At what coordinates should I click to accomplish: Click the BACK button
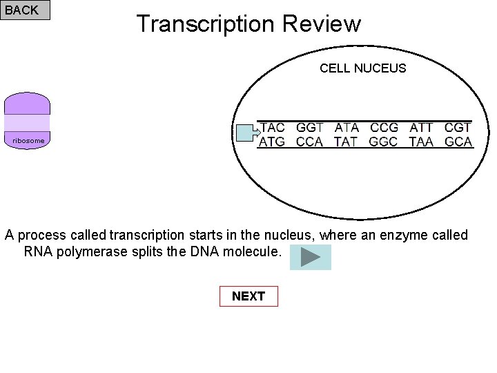coord(26,10)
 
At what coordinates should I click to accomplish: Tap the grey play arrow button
coord(311,257)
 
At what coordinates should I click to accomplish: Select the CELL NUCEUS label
coord(362,68)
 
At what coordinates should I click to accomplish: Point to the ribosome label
coord(28,141)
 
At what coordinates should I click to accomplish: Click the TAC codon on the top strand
coord(273,128)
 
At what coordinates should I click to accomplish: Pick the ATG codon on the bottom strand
coord(273,142)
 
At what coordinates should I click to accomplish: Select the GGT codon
coord(310,128)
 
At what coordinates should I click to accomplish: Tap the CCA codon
coord(310,142)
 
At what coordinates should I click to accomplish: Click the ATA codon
coord(347,128)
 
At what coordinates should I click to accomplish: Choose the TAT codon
coord(347,142)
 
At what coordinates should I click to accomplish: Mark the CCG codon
coord(384,128)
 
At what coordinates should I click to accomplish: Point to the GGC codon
coord(384,142)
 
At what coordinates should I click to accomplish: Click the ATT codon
coord(421,128)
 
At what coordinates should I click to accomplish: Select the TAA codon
coord(421,142)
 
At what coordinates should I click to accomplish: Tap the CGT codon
coord(458,128)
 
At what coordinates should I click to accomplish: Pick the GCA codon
coord(458,142)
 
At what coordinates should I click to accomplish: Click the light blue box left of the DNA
coord(244,133)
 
